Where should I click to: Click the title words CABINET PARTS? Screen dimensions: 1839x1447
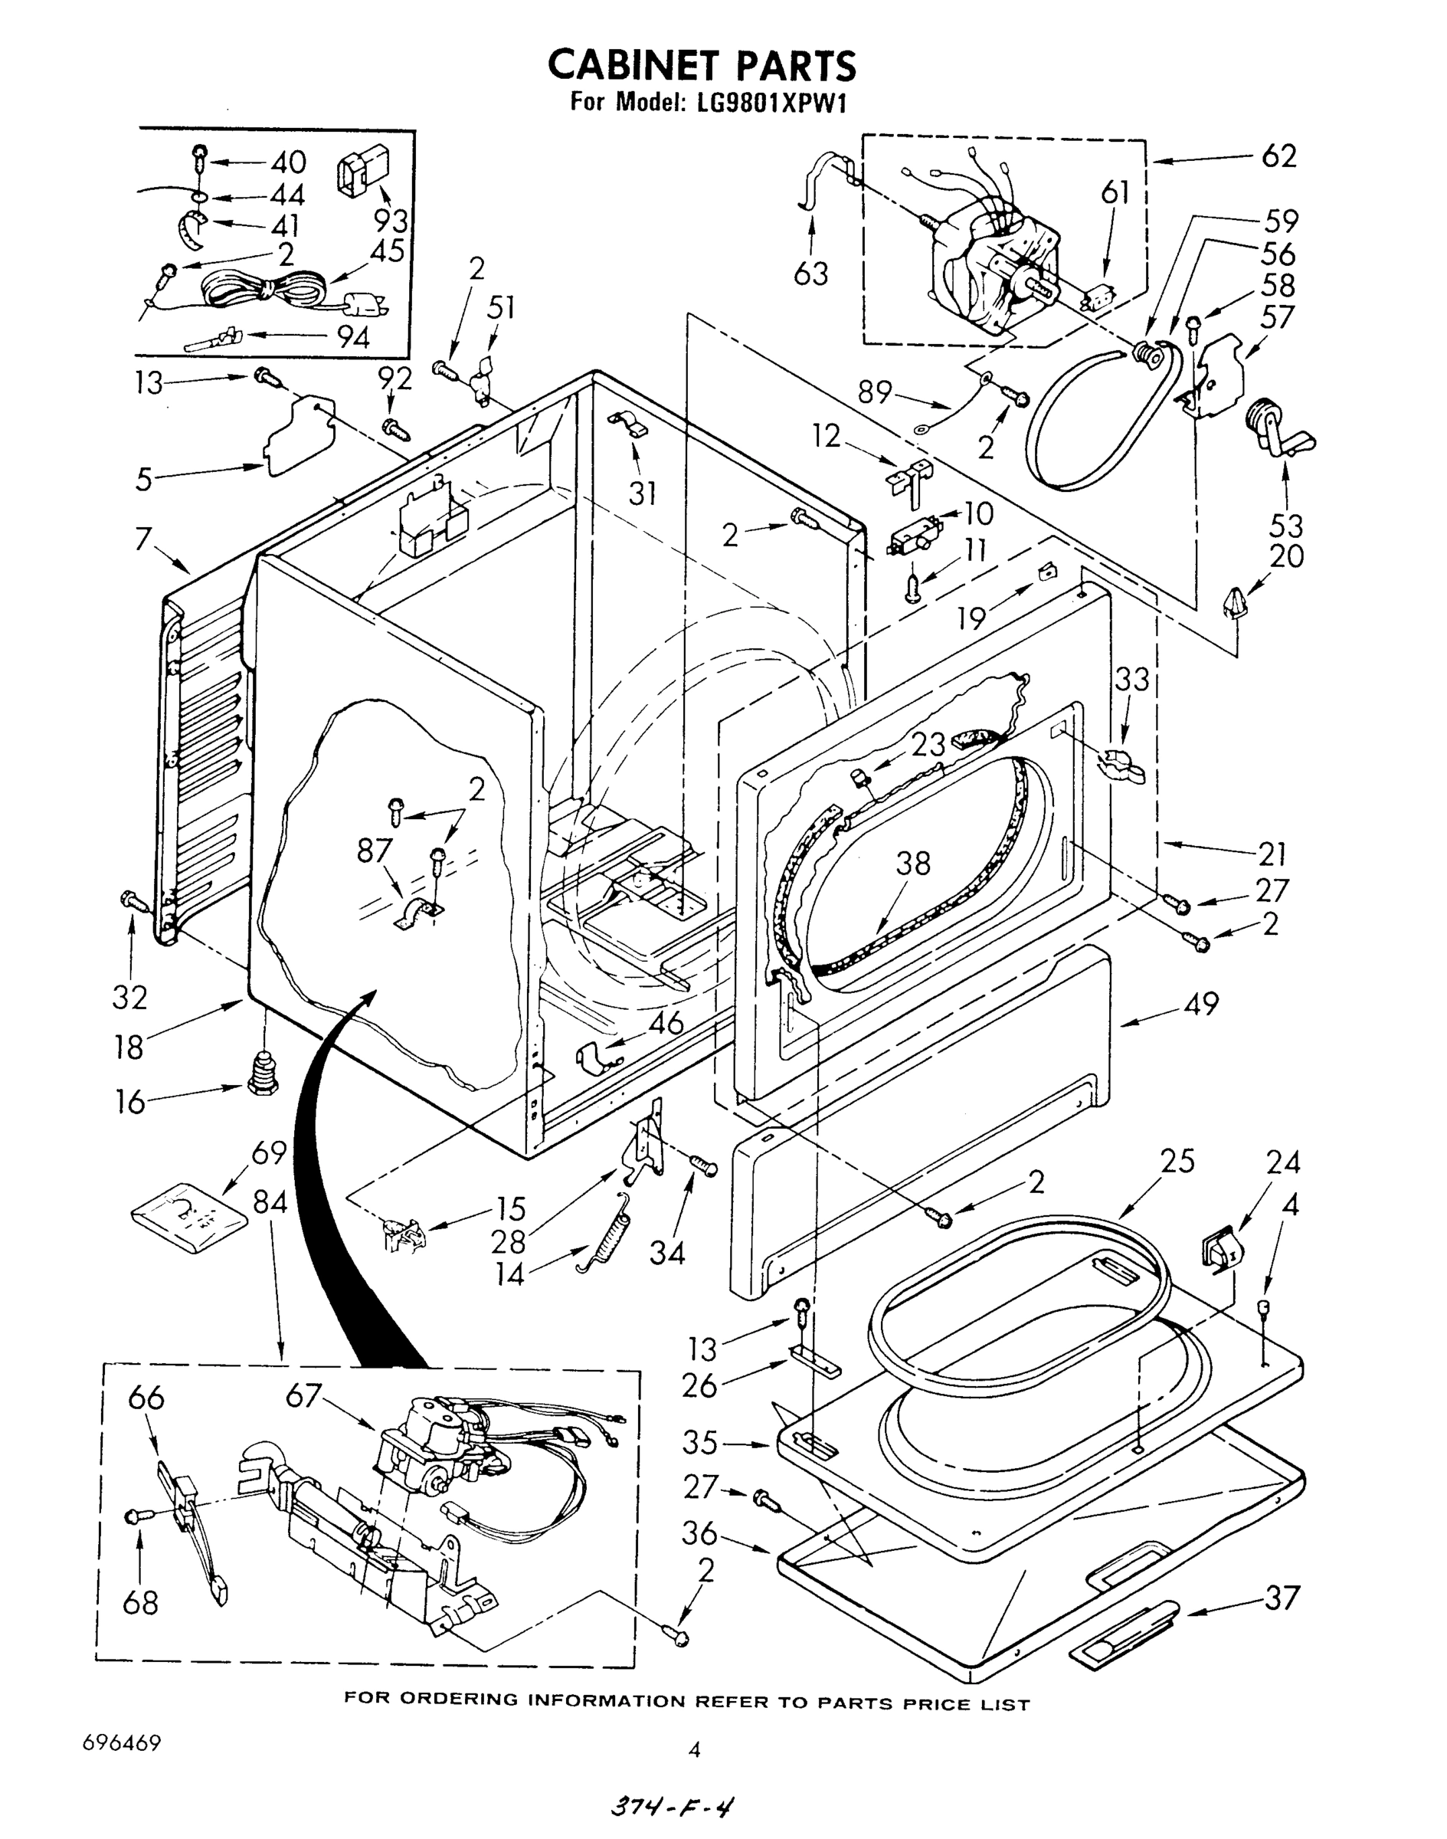click(702, 65)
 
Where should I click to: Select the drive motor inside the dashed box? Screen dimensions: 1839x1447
click(996, 263)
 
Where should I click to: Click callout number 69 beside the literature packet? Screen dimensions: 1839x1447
click(269, 1152)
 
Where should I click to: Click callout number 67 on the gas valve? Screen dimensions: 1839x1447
click(303, 1394)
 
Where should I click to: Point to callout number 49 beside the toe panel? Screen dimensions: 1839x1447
click(1200, 1005)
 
